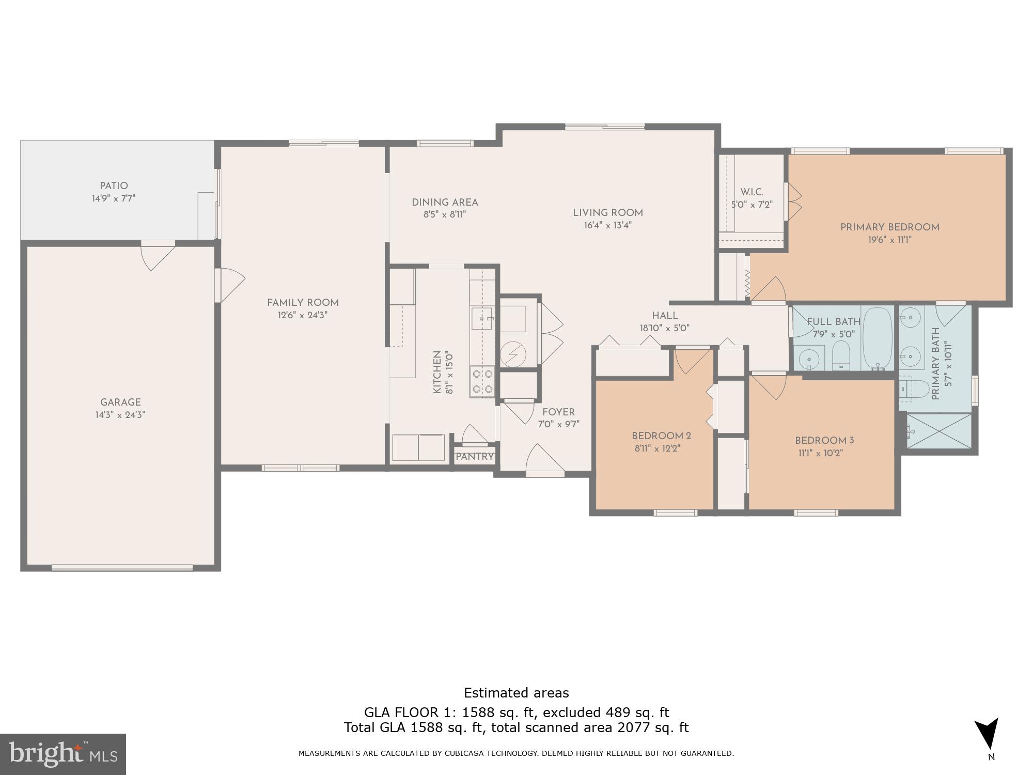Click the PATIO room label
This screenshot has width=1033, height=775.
coord(114,186)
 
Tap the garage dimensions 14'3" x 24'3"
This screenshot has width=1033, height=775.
coord(120,415)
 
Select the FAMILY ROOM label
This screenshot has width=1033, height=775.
coord(303,303)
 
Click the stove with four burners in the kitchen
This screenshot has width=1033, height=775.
coord(482,381)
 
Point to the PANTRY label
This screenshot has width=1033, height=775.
coord(475,457)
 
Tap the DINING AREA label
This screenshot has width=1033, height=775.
coord(445,203)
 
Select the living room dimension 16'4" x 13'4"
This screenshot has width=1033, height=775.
coord(607,225)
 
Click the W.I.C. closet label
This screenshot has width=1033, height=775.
coord(752,192)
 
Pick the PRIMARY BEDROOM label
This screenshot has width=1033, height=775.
coord(889,227)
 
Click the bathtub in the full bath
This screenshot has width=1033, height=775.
coord(878,338)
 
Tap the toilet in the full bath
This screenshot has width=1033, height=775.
coord(841,355)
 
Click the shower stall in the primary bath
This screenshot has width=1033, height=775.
coord(939,430)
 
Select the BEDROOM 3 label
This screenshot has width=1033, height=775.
coord(824,441)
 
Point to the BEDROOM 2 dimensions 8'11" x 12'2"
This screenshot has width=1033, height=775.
coord(657,448)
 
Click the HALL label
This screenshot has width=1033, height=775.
coord(665,316)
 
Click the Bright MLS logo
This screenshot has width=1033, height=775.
coord(63,754)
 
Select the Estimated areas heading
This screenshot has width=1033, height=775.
coord(516,693)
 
